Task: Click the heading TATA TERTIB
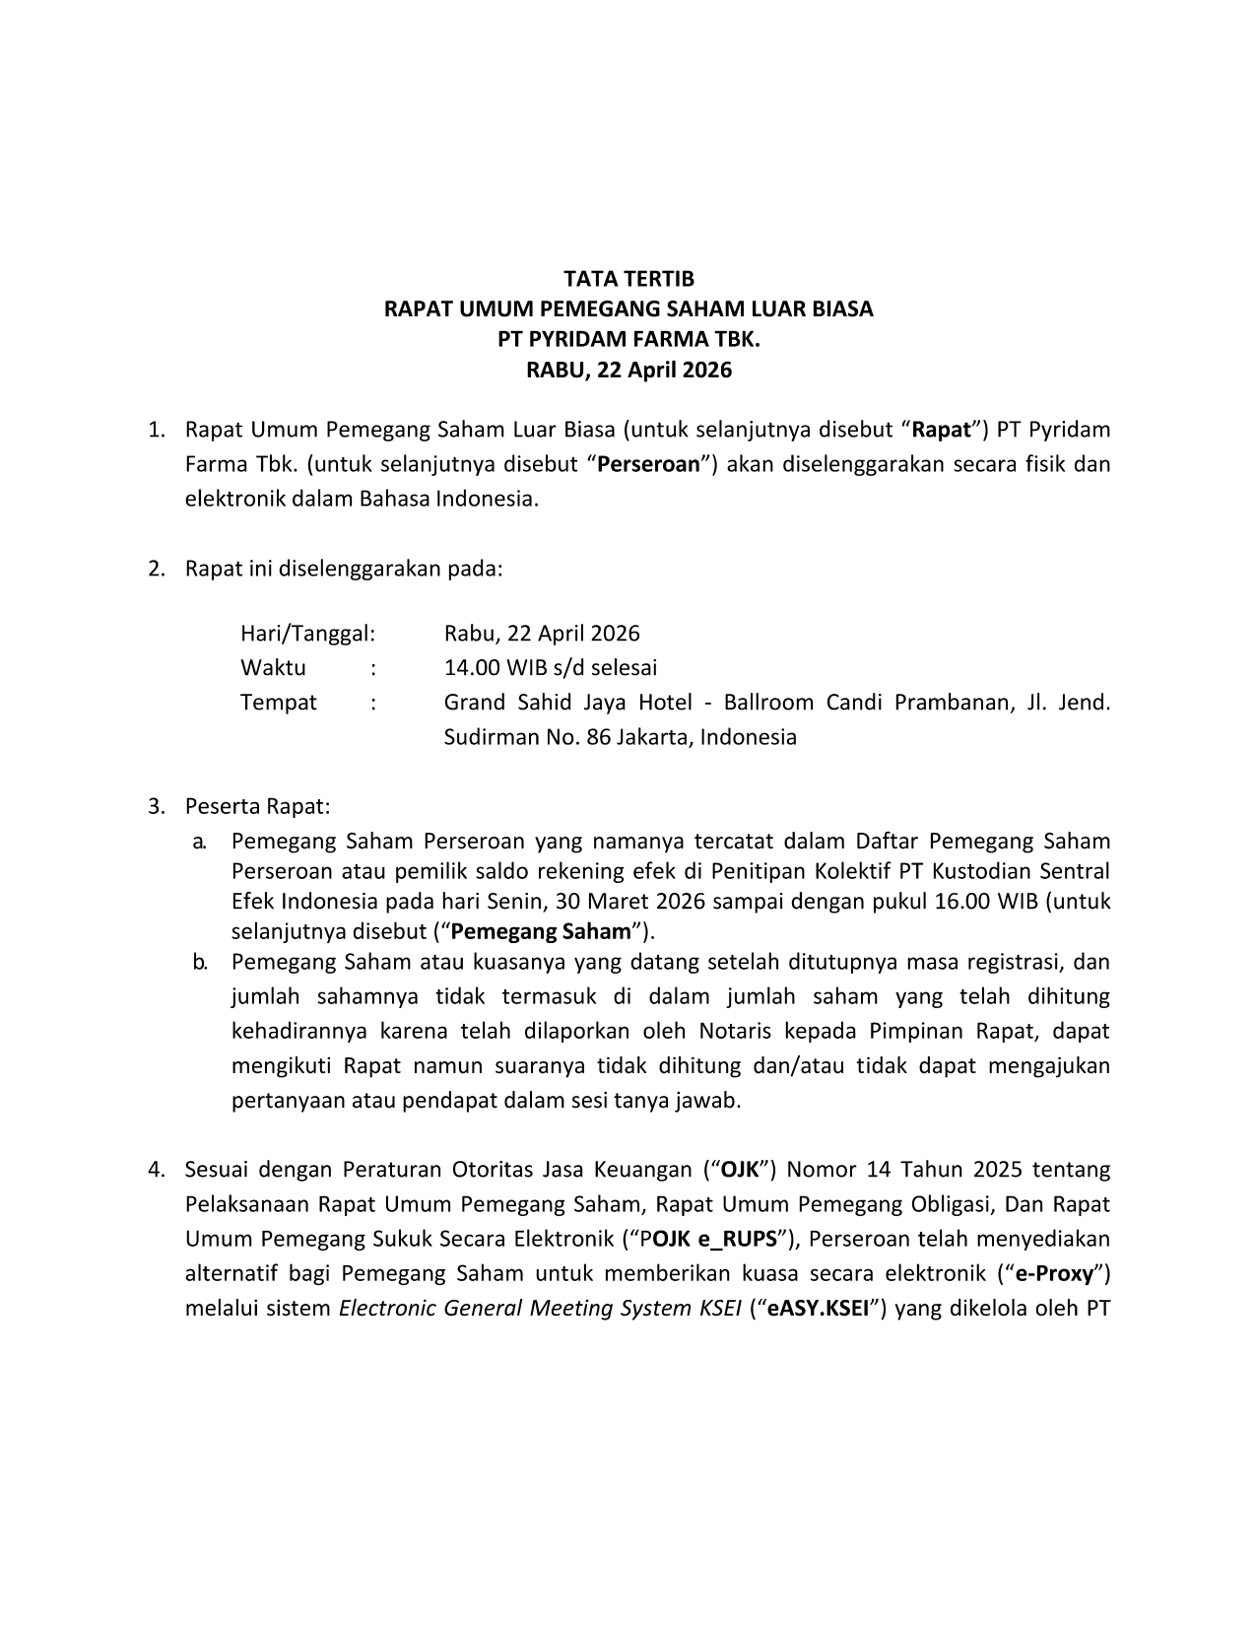coord(628,279)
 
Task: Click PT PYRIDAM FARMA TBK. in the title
coord(628,340)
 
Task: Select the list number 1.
coord(155,430)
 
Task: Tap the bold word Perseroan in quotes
coord(649,464)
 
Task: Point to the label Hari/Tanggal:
coord(307,633)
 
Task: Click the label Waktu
coord(273,667)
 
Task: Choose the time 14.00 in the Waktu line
coord(472,667)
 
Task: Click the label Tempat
coord(279,703)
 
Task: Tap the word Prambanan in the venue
coord(940,703)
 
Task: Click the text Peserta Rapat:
coord(257,806)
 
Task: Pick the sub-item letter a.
coord(198,842)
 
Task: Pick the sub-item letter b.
coord(198,962)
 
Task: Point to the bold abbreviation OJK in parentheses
coord(739,1170)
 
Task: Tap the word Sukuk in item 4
coord(392,1239)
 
